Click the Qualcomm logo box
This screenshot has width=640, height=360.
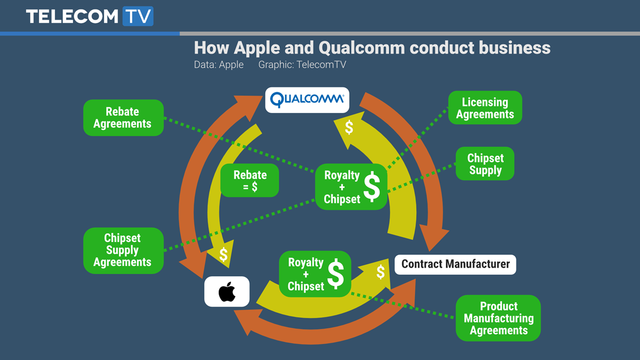click(x=307, y=100)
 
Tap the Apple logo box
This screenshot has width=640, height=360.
click(x=227, y=292)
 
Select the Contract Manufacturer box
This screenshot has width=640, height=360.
click(x=455, y=264)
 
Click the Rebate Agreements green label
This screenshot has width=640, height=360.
click(x=123, y=118)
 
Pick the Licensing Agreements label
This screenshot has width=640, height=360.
click(x=485, y=108)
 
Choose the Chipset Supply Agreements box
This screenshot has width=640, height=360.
click(x=123, y=251)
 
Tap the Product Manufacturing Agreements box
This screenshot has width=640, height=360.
click(x=498, y=318)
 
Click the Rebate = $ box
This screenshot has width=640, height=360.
click(x=250, y=181)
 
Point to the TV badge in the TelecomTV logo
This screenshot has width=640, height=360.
click(x=138, y=16)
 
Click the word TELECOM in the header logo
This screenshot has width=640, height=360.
click(x=71, y=17)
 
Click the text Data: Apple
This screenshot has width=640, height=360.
click(x=219, y=65)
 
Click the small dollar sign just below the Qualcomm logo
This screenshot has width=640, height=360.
click(x=349, y=127)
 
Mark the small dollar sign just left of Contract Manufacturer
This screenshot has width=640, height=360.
click(x=380, y=272)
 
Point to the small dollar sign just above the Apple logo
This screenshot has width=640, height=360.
click(x=223, y=255)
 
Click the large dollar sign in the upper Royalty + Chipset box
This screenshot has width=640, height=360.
click(x=372, y=187)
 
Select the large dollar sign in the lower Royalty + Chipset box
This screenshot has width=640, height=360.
click(x=335, y=274)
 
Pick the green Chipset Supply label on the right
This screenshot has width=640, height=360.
click(x=485, y=164)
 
